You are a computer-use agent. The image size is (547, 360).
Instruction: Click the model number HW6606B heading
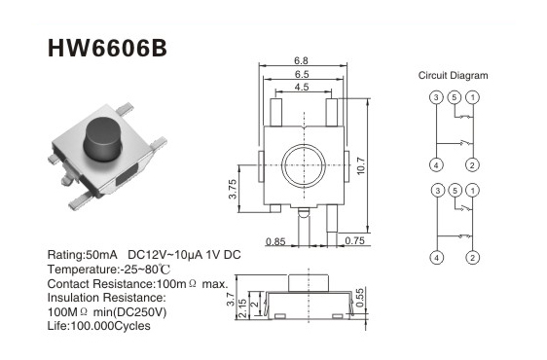[107, 48]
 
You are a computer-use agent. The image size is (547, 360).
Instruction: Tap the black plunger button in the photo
[102, 139]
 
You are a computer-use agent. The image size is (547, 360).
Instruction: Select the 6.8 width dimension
[301, 60]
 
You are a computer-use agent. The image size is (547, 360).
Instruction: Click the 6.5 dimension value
[302, 74]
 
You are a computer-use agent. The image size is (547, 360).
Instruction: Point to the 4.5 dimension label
[302, 87]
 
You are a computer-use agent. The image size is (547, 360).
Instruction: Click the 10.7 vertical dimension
[361, 165]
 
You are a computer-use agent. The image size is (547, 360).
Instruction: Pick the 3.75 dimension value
[233, 189]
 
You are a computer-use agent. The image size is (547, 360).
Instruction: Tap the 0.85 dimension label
[275, 241]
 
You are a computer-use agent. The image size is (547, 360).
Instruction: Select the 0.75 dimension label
[355, 240]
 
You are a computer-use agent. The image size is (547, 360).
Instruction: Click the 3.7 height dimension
[231, 300]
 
